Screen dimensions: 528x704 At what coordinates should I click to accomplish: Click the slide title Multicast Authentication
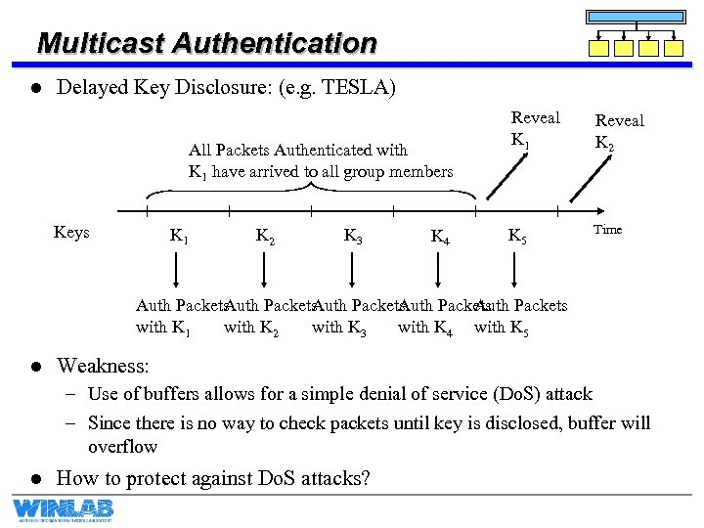click(206, 44)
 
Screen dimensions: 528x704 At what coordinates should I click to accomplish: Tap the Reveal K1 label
click(536, 127)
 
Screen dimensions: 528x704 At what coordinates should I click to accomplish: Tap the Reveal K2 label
click(620, 130)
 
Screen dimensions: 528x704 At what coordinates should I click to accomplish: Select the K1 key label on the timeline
click(180, 236)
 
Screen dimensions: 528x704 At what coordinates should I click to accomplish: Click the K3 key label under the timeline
click(355, 236)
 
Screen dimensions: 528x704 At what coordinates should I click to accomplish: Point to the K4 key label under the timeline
click(441, 237)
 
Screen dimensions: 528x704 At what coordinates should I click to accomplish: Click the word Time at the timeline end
click(607, 230)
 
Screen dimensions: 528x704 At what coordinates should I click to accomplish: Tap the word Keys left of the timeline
click(71, 233)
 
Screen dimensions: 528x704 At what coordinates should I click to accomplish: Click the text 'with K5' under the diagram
click(502, 328)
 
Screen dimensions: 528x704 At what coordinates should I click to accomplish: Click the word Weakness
click(103, 367)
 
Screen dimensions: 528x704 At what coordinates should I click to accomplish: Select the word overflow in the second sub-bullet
click(123, 446)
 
